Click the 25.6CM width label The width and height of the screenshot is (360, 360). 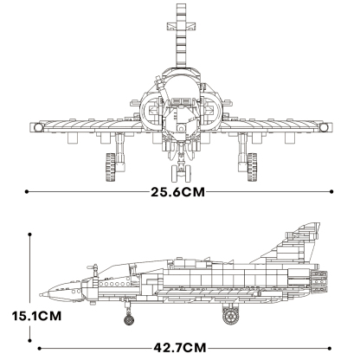[180, 192]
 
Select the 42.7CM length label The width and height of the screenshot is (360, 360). [184, 349]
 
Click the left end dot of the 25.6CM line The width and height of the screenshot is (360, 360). [29, 192]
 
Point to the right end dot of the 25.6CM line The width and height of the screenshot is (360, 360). [331, 192]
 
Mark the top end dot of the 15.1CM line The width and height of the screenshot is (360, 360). [31, 232]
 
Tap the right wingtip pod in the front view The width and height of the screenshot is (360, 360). [325, 128]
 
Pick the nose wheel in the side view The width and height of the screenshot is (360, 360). [130, 322]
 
